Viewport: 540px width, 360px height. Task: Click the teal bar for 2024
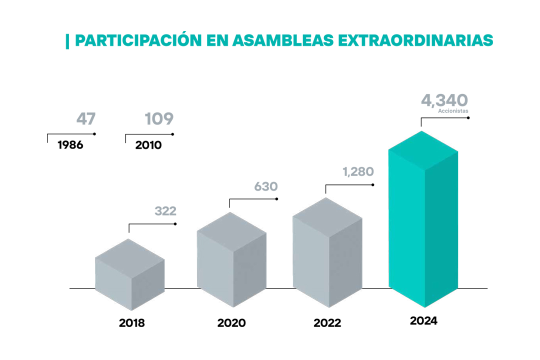(x=423, y=220)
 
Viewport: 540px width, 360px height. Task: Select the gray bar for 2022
(x=327, y=253)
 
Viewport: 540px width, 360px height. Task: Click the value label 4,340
(x=444, y=100)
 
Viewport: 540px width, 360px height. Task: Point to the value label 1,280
(x=358, y=172)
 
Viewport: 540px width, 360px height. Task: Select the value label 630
(x=265, y=186)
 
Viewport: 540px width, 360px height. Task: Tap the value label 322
(x=165, y=211)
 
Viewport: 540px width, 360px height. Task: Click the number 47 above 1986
(x=85, y=119)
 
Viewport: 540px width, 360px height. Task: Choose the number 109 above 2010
(x=159, y=119)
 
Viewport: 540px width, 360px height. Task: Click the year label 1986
(x=70, y=145)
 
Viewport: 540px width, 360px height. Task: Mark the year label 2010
(x=148, y=145)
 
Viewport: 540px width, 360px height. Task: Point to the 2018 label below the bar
(x=131, y=323)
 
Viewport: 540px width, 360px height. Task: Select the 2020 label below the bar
(x=231, y=323)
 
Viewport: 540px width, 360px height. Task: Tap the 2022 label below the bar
(x=327, y=323)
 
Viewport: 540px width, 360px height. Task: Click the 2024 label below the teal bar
(x=423, y=321)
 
